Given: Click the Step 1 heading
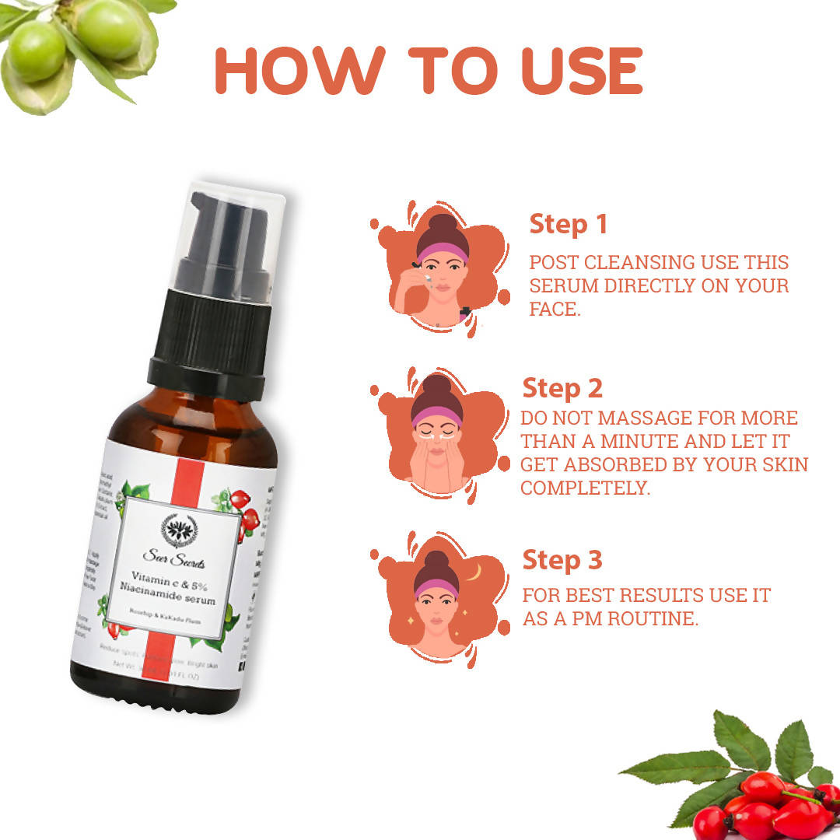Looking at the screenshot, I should (x=568, y=224).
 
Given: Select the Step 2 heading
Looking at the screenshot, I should (x=562, y=387).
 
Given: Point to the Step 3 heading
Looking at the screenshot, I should (x=562, y=559).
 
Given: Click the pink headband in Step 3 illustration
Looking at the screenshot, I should (x=436, y=589).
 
